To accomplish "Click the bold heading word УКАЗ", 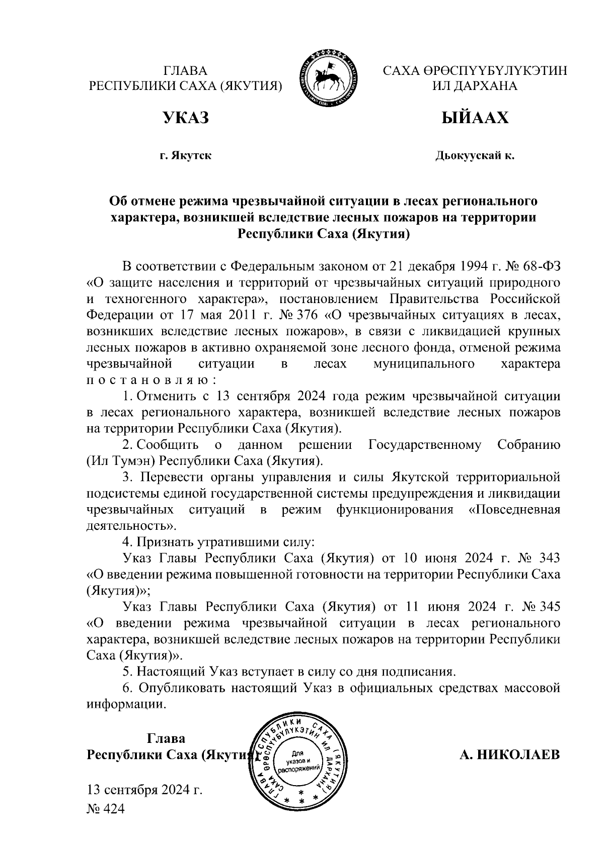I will coord(185,118).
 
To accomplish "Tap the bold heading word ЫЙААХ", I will coord(475,118).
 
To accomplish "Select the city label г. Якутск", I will coord(185,156).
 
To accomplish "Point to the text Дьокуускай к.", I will coord(475,156).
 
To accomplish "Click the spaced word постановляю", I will coord(152,380).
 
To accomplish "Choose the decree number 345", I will coord(549,607).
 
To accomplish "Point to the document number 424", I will coord(113,809).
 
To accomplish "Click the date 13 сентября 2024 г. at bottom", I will coord(145,789).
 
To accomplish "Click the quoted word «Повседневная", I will coord(514,510).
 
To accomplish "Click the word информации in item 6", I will coord(126,704).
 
